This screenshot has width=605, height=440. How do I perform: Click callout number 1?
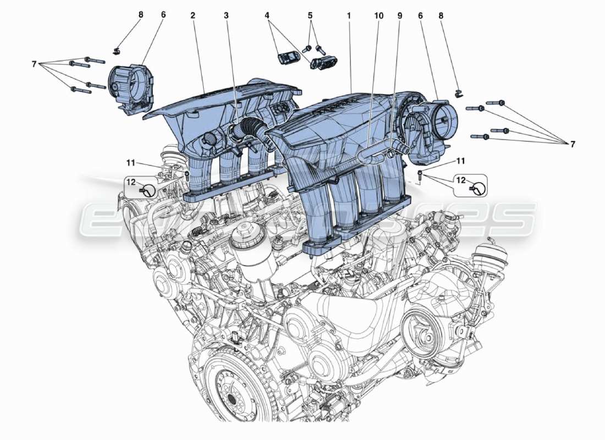point(349,16)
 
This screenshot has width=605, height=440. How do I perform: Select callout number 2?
point(193,16)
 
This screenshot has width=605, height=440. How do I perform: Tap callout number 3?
point(226,16)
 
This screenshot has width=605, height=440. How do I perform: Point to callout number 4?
point(267,16)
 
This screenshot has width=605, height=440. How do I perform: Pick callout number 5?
point(310,16)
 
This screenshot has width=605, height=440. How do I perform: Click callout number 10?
point(378,16)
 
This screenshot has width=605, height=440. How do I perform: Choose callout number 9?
point(400,16)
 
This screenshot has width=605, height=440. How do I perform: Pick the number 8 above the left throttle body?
point(140,16)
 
